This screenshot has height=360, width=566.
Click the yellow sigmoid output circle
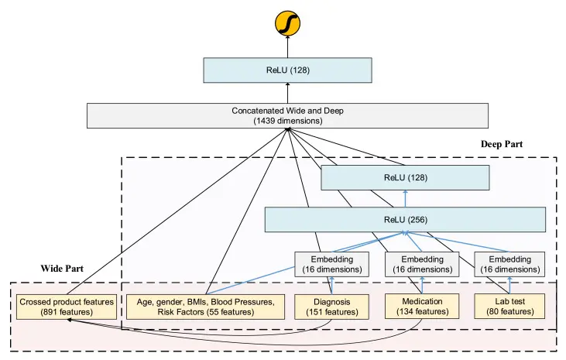288,23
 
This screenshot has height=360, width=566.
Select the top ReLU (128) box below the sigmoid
288,70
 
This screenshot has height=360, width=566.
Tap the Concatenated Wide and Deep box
288,115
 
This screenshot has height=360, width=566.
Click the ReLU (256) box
406,220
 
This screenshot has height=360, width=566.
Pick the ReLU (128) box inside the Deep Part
406,177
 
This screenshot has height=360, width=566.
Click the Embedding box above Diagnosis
331,264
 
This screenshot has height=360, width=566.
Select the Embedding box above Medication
422,264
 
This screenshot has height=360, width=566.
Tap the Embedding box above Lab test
509,264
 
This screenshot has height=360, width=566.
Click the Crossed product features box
67,307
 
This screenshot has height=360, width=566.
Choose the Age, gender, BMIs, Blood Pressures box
205,307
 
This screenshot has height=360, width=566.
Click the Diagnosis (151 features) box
331,307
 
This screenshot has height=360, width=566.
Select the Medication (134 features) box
422,307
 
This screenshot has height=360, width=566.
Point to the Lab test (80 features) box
509,307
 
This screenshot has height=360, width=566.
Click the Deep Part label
502,144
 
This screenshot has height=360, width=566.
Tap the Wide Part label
62,269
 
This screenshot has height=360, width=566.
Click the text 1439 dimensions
288,121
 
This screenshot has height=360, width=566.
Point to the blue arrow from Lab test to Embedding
509,285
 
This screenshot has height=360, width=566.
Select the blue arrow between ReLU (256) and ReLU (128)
406,199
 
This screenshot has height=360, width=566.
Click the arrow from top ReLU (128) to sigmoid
288,46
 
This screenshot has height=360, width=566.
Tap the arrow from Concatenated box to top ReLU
288,93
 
